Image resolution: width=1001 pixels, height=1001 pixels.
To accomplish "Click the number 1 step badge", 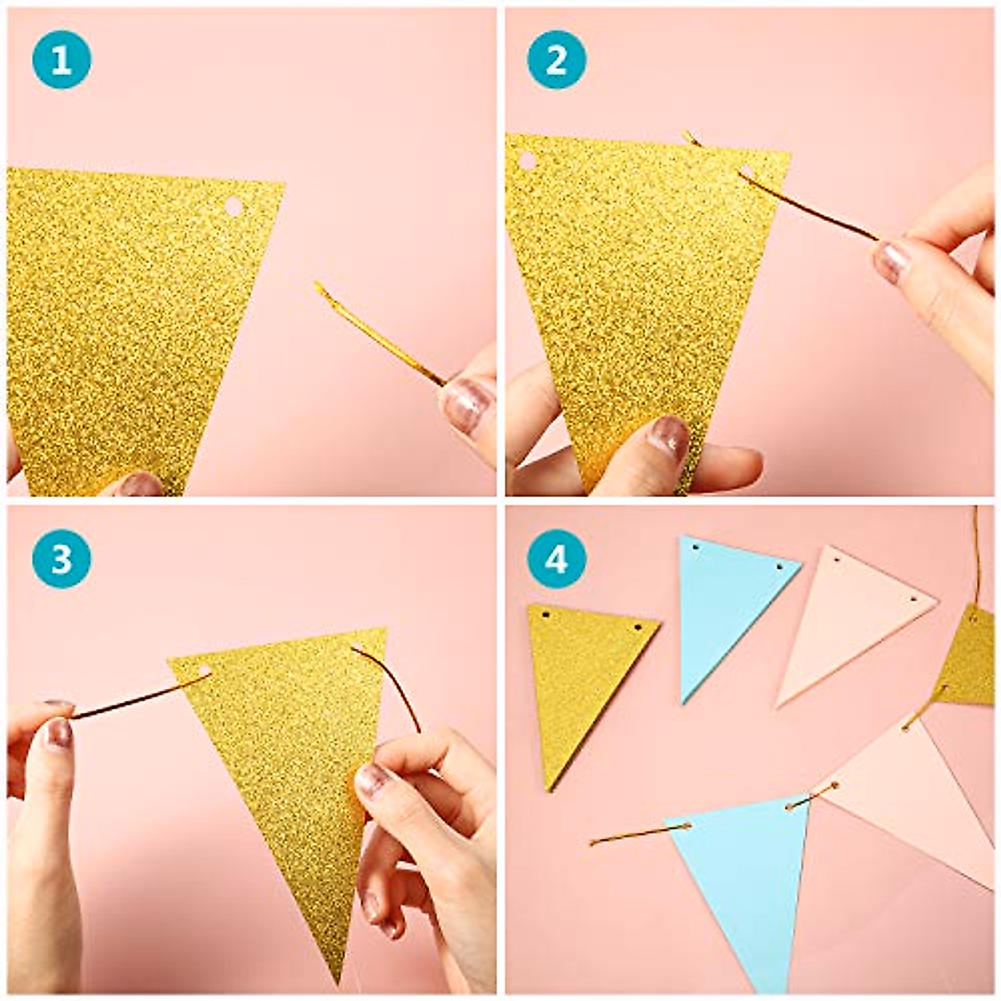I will pyautogui.click(x=61, y=60).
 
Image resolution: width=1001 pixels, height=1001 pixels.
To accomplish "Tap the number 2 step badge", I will pyautogui.click(x=556, y=60).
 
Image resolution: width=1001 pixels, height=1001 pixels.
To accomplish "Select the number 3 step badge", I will pyautogui.click(x=61, y=560).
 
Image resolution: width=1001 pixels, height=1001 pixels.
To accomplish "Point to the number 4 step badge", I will pyautogui.click(x=556, y=560).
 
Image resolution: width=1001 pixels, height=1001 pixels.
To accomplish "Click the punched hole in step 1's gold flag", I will pyautogui.click(x=234, y=206).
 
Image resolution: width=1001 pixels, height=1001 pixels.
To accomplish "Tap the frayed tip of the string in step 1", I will pyautogui.click(x=319, y=288).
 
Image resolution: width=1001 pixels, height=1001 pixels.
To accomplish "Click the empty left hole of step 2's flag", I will pyautogui.click(x=527, y=160).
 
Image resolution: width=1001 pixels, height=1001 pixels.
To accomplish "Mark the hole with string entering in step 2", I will pyautogui.click(x=747, y=174).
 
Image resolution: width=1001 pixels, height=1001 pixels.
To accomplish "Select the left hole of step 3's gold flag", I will pyautogui.click(x=204, y=672).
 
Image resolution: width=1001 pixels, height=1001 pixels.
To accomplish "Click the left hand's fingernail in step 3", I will pyautogui.click(x=58, y=732).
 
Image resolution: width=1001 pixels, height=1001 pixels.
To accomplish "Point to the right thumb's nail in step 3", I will pyautogui.click(x=372, y=779).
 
